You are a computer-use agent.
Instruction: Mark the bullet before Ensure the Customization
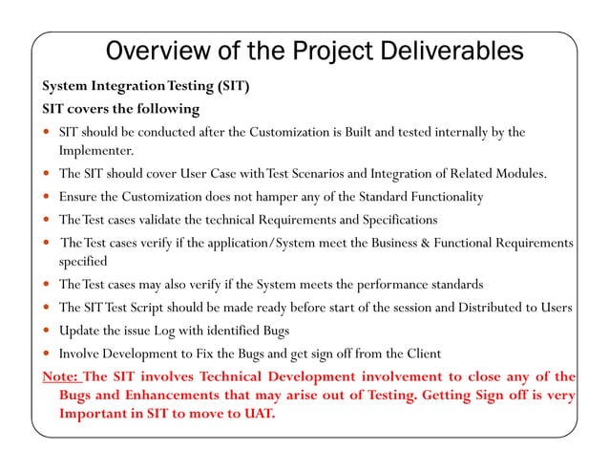[x=47, y=198]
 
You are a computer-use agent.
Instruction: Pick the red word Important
[x=95, y=415]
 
